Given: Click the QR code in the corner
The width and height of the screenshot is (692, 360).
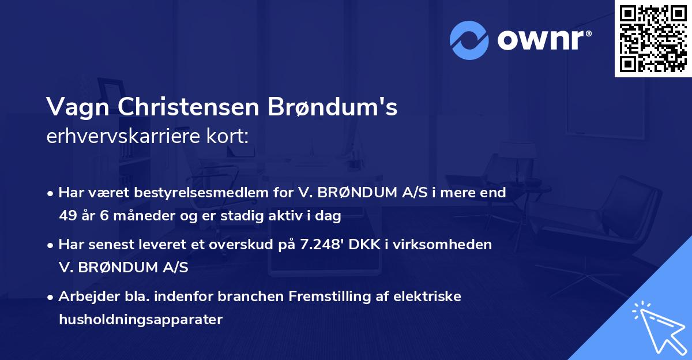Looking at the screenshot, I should [x=653, y=39].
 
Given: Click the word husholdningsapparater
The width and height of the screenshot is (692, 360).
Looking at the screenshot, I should [x=140, y=320].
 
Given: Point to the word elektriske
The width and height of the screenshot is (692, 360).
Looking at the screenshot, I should [x=427, y=297].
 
